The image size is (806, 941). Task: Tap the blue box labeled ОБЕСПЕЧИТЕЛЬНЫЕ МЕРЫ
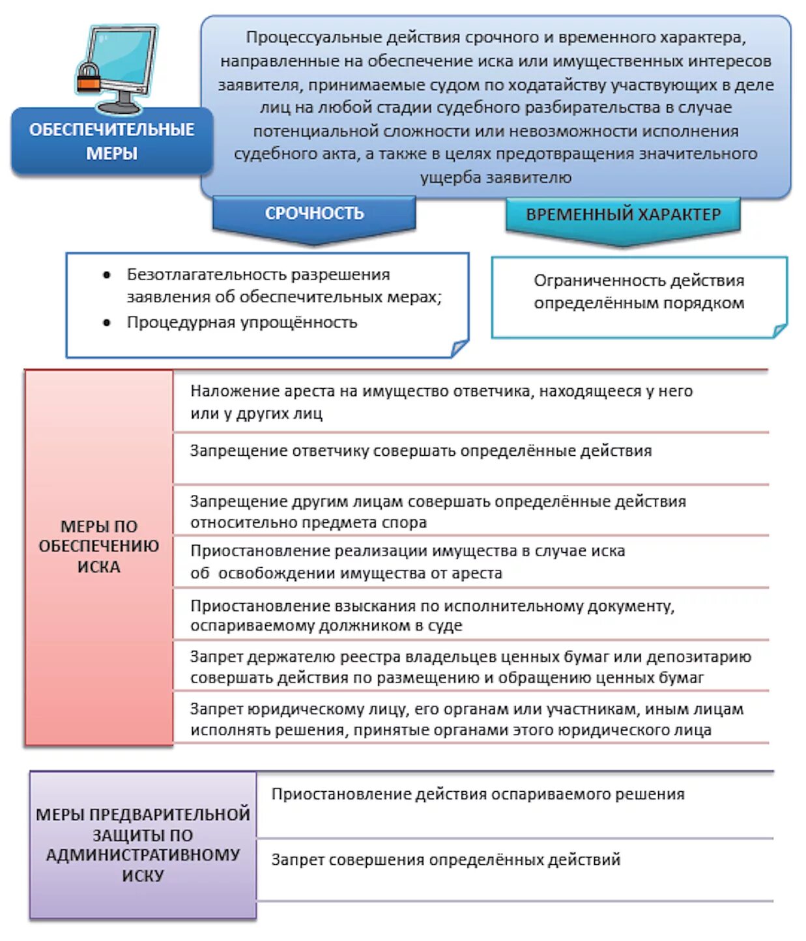point(111,141)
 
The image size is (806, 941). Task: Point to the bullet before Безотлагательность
point(106,275)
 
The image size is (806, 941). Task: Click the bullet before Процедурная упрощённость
point(106,323)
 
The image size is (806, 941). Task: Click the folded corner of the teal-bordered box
point(779,330)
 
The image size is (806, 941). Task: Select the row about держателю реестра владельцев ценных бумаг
point(470,667)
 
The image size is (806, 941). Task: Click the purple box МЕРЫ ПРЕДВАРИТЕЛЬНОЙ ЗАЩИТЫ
point(143,845)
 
